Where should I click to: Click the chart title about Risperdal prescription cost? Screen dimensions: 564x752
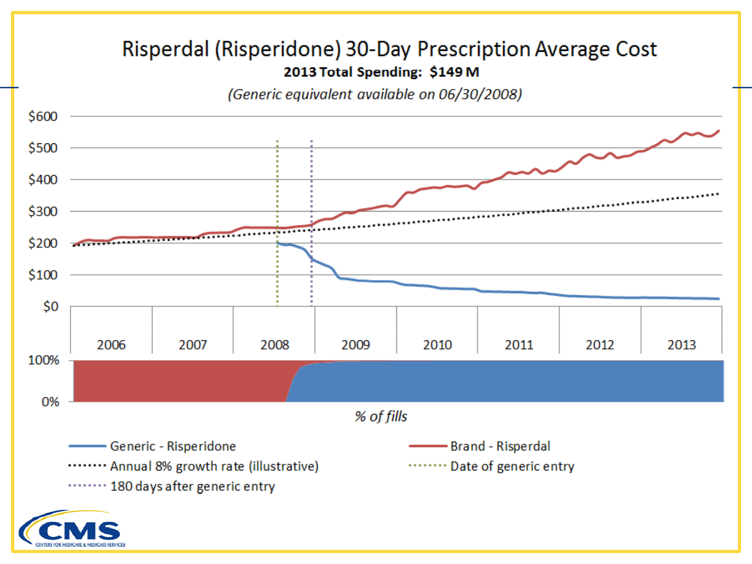coord(389,49)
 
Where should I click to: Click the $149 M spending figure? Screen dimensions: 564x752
coord(454,72)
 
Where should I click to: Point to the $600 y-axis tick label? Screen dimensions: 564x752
coord(43,116)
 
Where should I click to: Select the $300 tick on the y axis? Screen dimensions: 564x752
coord(43,211)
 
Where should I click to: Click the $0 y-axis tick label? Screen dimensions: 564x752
coord(50,307)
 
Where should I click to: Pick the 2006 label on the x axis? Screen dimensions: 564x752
coord(111,345)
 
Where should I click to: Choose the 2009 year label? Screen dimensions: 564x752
coord(356,345)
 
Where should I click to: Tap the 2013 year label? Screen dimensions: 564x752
coord(681,345)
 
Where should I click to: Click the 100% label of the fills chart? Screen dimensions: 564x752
coord(44,360)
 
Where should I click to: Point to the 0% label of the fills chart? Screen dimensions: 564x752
coord(50,402)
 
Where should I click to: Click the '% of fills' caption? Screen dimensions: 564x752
coord(381,416)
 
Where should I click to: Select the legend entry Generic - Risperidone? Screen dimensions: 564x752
coord(173,446)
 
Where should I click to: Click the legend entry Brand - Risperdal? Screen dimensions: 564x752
coord(500,446)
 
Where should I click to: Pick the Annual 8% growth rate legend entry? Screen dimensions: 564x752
coord(214,466)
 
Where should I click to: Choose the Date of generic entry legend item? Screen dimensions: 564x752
coord(512,466)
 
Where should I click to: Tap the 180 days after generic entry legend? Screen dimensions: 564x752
coord(192,487)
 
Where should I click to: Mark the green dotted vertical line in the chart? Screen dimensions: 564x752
coord(277,190)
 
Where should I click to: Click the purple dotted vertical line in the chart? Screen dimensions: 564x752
coord(311,190)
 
